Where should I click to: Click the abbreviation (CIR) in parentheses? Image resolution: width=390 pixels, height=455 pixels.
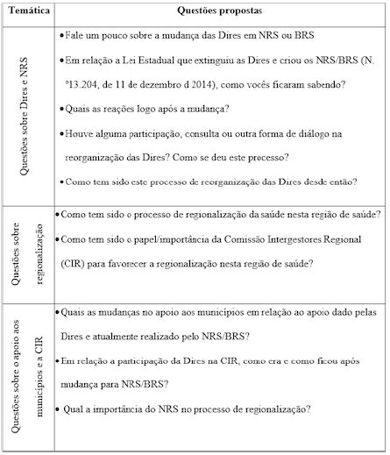[x=77, y=263]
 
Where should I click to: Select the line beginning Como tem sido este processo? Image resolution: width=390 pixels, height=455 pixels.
[x=208, y=181]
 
